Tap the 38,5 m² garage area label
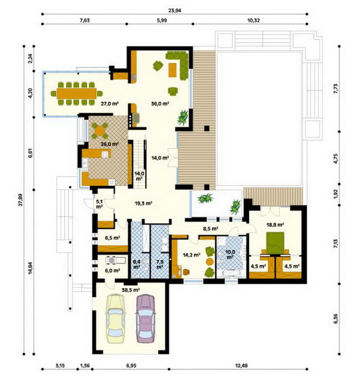[x=131, y=290]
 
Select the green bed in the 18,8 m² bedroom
[x=275, y=243]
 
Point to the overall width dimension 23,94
[x=175, y=10]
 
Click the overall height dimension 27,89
[x=20, y=200]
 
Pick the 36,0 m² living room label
[x=160, y=104]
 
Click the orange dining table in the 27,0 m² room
[x=77, y=94]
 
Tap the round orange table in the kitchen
[x=99, y=131]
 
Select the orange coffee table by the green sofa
[x=172, y=70]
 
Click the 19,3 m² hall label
[x=143, y=203]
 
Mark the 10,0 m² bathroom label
[x=230, y=254]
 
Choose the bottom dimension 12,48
[x=241, y=365]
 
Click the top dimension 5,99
[x=162, y=20]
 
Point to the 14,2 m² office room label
[x=191, y=254]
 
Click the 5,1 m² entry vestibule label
[x=100, y=204]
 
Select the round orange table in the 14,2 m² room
[x=209, y=261]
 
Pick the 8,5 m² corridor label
[x=211, y=228]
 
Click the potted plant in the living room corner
[x=182, y=118]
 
